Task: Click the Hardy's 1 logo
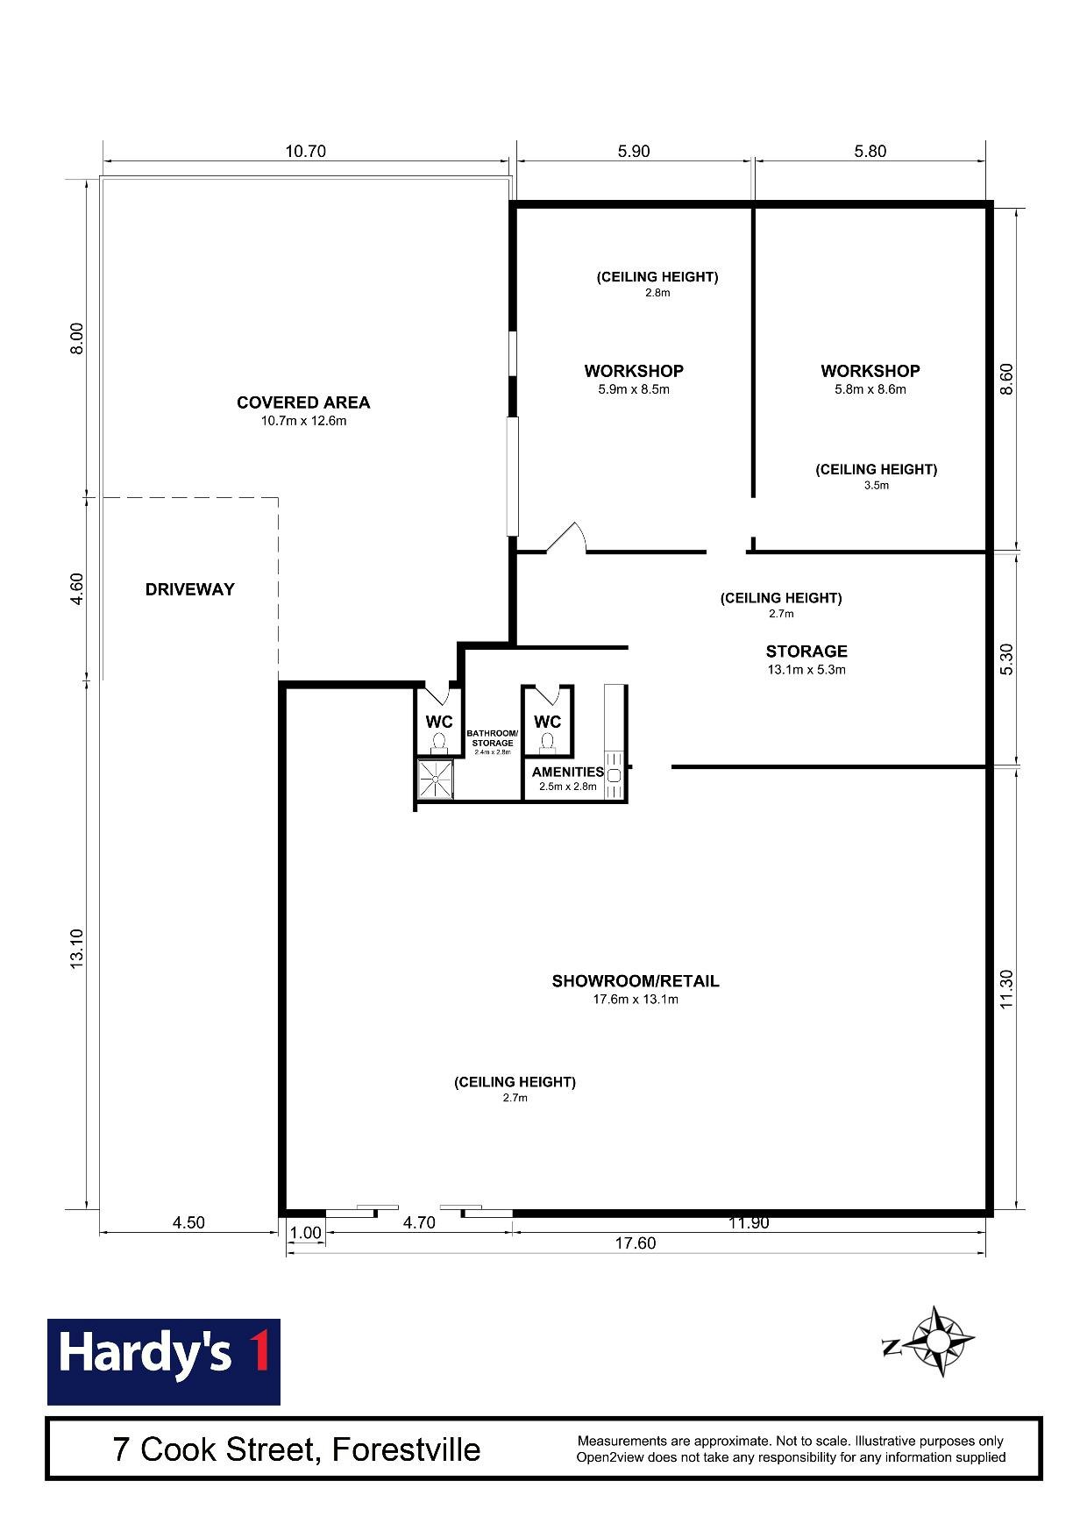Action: (x=163, y=1361)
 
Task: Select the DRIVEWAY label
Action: (x=190, y=589)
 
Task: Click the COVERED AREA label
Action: (x=303, y=402)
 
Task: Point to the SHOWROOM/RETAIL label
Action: (x=636, y=981)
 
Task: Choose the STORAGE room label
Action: (x=806, y=652)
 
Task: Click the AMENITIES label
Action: (x=568, y=772)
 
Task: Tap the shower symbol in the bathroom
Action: (x=437, y=779)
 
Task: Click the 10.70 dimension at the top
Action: (x=305, y=151)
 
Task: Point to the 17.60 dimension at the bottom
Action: (x=635, y=1243)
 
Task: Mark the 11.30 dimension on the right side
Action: (x=1006, y=989)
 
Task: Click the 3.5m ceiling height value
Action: (x=877, y=485)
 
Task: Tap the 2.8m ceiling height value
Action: (x=657, y=293)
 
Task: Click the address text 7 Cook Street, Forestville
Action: (x=296, y=1449)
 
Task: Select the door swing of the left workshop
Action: (x=566, y=537)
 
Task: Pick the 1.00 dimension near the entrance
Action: (x=306, y=1233)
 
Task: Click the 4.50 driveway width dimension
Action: (x=188, y=1222)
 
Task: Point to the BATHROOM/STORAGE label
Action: (x=492, y=737)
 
